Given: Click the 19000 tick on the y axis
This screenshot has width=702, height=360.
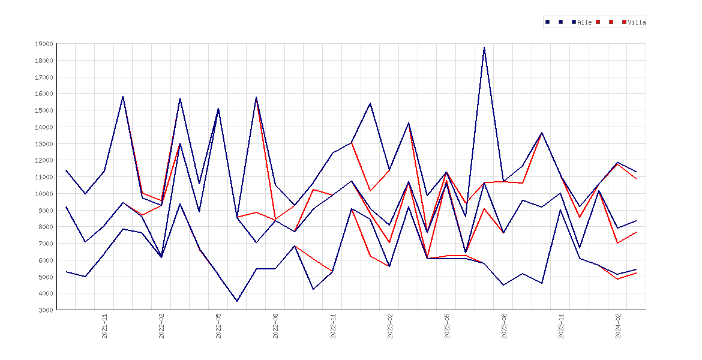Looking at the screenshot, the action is (43, 44).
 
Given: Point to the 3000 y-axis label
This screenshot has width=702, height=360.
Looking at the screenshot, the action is (45, 310).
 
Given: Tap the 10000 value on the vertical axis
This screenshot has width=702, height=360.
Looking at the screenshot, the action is (43, 193).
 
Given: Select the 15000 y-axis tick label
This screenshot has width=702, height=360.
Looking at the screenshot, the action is (43, 110).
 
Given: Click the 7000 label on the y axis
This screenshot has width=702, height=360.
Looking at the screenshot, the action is (45, 244).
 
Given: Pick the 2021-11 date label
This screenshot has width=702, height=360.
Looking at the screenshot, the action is (105, 326).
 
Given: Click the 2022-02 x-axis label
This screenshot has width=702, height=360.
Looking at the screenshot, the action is (161, 326).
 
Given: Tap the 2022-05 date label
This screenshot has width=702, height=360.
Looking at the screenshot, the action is (219, 326).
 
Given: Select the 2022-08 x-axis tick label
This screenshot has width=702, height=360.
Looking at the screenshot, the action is (276, 326).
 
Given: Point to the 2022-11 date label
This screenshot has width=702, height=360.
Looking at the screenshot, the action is (333, 326).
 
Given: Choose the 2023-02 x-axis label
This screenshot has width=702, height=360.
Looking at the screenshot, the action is (390, 326).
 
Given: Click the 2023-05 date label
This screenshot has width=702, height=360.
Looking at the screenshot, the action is (447, 326).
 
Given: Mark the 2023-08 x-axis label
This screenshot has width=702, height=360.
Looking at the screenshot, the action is (504, 326).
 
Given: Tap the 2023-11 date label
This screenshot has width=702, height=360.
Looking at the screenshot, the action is (561, 326).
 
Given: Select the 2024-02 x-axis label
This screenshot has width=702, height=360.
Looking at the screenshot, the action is (618, 326).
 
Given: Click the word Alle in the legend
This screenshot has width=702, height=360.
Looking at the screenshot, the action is (585, 22).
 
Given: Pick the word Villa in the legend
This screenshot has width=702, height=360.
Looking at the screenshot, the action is (637, 22).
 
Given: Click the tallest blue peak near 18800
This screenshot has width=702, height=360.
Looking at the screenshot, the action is (484, 47).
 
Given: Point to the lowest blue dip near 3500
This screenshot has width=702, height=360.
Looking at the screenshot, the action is (237, 301).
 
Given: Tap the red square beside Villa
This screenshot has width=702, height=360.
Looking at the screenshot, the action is (625, 22).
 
